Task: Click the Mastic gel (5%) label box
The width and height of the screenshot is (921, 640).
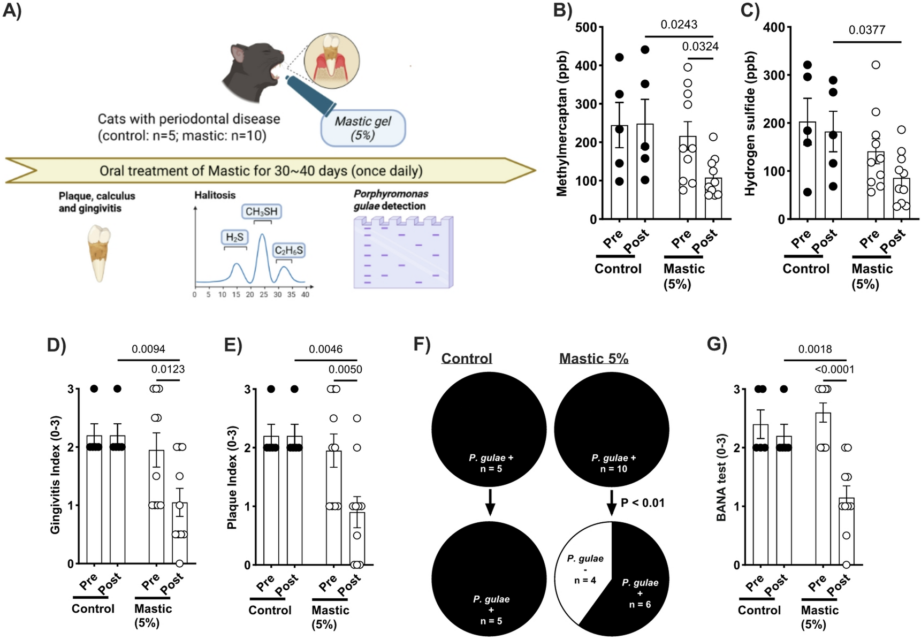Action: pos(363,128)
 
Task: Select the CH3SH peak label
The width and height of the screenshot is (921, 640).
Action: pos(261,212)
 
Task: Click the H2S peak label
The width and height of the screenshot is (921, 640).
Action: pos(234,237)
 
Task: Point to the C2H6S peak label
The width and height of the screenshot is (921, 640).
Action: pos(288,250)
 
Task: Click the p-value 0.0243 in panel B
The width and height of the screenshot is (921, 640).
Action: pos(679,25)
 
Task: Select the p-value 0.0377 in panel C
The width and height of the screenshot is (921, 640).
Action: pos(866,30)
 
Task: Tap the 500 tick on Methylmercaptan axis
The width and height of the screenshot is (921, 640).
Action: pos(585,27)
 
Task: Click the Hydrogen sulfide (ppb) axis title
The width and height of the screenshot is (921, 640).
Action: pos(750,124)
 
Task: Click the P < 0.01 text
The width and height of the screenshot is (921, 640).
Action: pos(642,503)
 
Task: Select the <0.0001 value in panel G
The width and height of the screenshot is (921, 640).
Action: pos(834,369)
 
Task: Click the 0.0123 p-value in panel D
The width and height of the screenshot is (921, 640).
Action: pos(168,369)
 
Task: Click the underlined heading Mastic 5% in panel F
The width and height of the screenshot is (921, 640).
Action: pos(593,359)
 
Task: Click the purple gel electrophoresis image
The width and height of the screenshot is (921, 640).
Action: pos(403,252)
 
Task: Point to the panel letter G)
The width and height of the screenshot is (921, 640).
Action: pos(717,343)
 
